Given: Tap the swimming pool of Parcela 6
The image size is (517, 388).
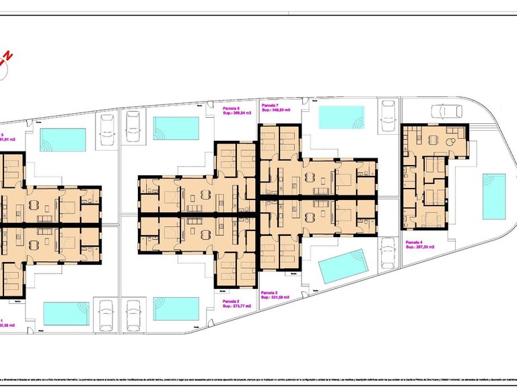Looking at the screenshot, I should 176,127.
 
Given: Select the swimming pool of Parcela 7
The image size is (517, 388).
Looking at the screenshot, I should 340,117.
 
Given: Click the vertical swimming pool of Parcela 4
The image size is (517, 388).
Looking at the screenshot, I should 493,196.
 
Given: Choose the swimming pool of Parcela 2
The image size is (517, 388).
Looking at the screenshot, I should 176,309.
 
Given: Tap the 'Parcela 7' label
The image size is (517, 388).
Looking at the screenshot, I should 270,106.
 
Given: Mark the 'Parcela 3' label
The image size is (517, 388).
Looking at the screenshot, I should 270,292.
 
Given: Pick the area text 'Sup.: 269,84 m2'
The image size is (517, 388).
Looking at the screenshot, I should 237,113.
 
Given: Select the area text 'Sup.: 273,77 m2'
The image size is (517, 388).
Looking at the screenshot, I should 237,306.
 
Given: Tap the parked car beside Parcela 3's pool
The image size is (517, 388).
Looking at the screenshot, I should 388,254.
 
